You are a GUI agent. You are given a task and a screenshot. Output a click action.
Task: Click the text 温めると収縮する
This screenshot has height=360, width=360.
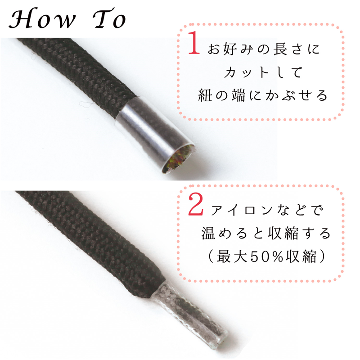pos(265,234)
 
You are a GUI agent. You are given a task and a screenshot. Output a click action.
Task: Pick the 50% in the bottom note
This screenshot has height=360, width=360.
pos(261,258)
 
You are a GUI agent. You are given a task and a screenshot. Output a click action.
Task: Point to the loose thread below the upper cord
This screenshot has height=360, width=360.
pos(83,107)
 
